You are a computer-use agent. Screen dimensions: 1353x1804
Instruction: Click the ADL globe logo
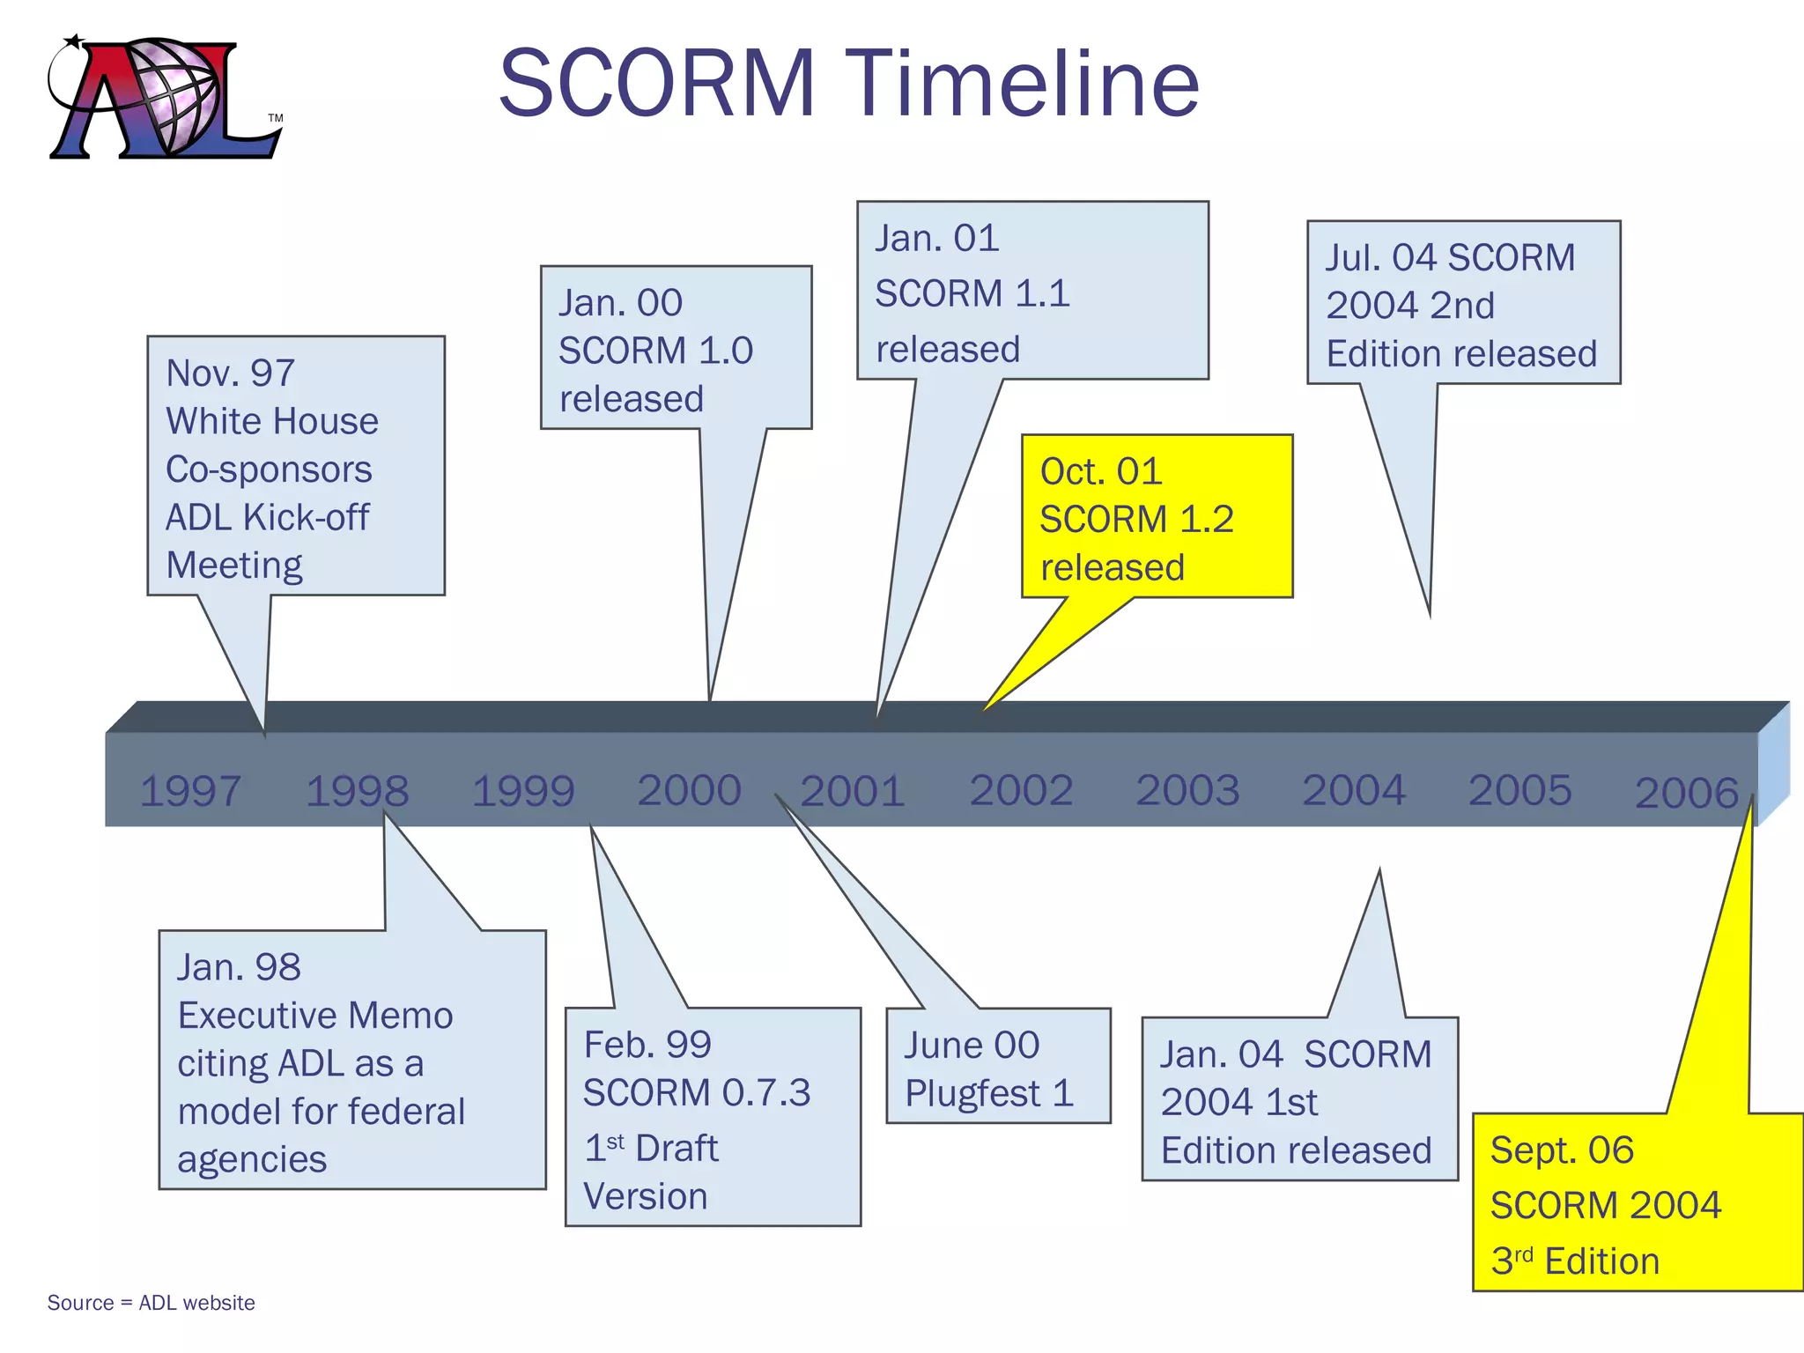pos(165,97)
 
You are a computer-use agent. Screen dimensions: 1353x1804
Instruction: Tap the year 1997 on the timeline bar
pos(190,791)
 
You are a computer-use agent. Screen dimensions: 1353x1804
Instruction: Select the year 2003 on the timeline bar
pos(1187,790)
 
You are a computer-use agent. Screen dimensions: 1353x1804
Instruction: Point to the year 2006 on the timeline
pos(1686,793)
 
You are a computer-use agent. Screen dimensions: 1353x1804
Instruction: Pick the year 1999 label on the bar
pos(523,791)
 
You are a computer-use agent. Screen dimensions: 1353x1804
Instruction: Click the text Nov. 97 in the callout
pos(230,373)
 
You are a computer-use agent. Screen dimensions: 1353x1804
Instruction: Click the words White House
pos(272,421)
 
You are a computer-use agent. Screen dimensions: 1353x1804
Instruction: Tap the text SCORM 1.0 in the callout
pos(655,351)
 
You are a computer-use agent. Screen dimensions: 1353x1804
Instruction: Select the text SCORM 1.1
pos(972,293)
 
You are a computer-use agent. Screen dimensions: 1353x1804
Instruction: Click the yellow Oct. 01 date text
pos(1101,472)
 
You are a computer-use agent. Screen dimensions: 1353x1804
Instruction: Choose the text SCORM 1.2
pos(1136,520)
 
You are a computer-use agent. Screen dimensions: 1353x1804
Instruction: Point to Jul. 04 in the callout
pos(1380,258)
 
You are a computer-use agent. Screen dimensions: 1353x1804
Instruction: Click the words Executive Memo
pos(315,1016)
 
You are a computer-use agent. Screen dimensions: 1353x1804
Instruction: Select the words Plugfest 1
pos(989,1094)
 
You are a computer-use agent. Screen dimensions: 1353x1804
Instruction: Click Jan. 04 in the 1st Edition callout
pos(1221,1055)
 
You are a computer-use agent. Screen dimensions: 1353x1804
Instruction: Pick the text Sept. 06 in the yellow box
pos(1562,1150)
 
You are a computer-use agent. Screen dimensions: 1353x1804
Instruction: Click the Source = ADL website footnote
pos(152,1303)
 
